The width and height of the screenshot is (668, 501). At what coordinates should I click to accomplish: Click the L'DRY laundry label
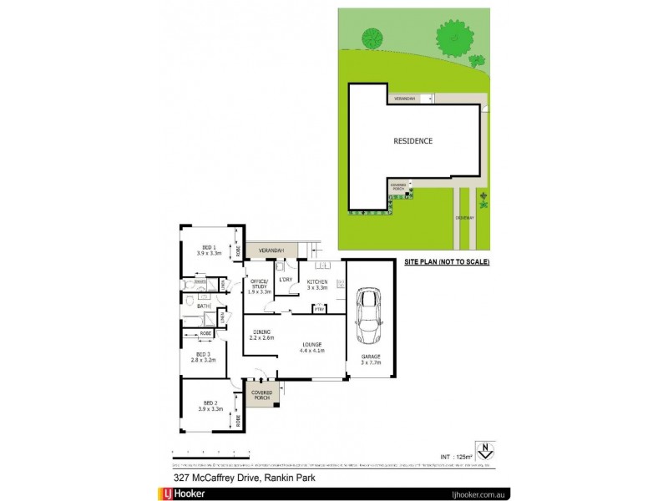point(286,279)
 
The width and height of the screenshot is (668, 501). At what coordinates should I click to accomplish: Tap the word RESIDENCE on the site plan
point(412,141)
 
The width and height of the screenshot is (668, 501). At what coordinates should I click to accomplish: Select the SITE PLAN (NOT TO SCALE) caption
point(447,262)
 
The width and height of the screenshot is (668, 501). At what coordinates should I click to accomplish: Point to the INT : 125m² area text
point(454,456)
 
